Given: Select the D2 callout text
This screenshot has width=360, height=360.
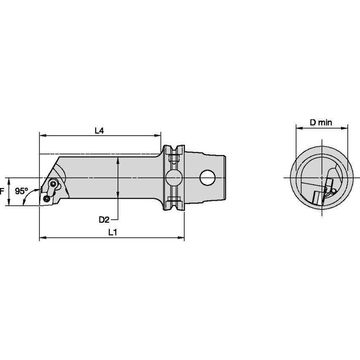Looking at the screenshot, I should click(104, 219).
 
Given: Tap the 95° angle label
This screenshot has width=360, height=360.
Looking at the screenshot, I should click(21, 191).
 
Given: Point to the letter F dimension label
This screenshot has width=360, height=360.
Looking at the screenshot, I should click(2, 191).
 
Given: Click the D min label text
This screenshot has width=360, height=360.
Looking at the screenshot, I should click(321, 123).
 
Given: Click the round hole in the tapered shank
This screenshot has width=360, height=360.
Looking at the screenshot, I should click(207, 177).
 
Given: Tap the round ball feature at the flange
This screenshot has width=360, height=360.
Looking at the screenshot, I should click(173, 177).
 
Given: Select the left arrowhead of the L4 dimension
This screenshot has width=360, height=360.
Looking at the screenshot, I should click(42, 136).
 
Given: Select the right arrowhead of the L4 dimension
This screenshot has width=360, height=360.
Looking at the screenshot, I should click(158, 136).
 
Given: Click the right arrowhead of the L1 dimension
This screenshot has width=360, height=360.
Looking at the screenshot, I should click(181, 239).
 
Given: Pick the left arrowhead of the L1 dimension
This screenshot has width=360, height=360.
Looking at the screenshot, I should click(42, 239).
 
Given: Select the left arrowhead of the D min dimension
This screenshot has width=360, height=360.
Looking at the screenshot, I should click(298, 128).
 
